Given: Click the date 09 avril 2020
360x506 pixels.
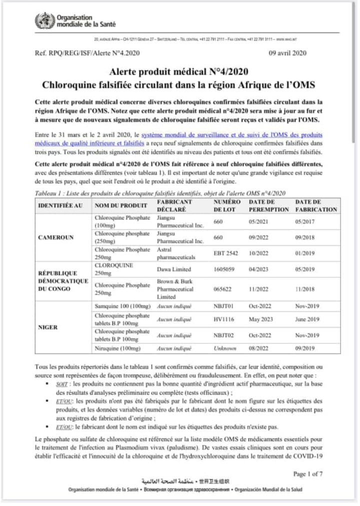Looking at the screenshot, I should tap(288, 53).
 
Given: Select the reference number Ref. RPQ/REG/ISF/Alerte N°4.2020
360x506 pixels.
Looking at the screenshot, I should tap(87, 53).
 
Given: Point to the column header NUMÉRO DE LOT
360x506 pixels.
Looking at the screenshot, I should tap(227, 205).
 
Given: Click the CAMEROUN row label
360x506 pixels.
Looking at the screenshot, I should tap(57, 237).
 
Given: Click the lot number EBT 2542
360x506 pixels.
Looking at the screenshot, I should tap(225, 253).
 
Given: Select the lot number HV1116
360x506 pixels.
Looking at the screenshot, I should tap(223, 319).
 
